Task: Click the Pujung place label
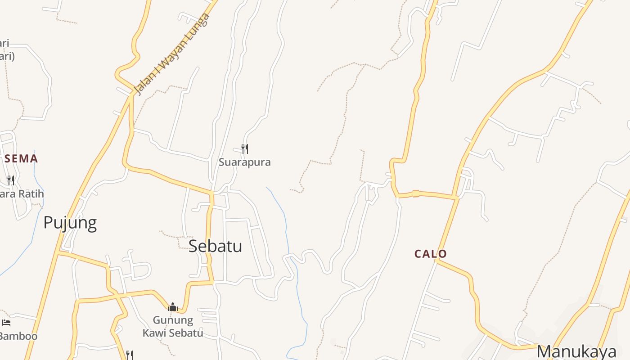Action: click(70, 223)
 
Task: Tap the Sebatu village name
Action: click(215, 246)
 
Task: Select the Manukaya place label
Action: click(576, 351)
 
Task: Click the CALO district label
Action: click(431, 254)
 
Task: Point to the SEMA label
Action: click(21, 158)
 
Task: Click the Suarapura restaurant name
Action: click(244, 162)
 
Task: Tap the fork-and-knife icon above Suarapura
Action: click(245, 148)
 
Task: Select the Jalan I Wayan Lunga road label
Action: click(172, 54)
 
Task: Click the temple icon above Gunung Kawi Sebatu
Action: click(173, 307)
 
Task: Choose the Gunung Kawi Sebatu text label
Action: click(173, 327)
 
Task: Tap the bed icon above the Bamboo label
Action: click(6, 322)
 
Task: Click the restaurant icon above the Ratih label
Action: click(11, 180)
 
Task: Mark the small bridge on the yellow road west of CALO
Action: click(416, 194)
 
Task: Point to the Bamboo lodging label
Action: click(18, 336)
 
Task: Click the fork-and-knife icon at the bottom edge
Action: click(130, 355)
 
